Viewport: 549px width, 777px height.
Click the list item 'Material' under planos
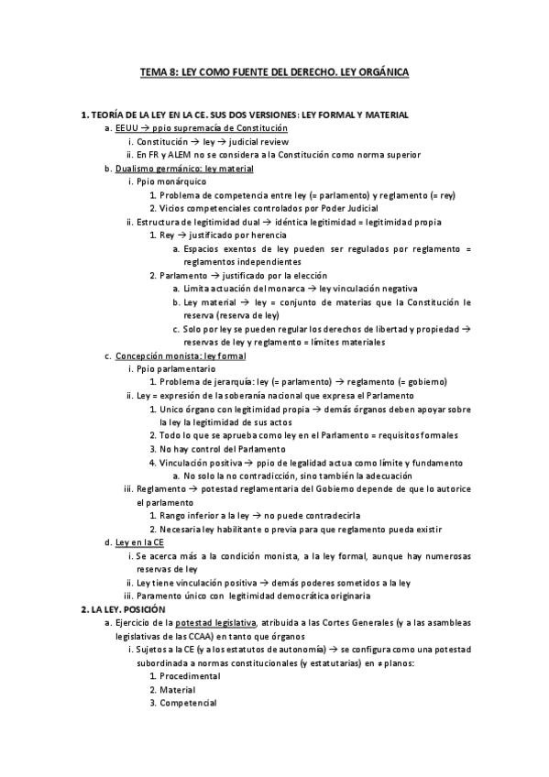(x=178, y=689)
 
